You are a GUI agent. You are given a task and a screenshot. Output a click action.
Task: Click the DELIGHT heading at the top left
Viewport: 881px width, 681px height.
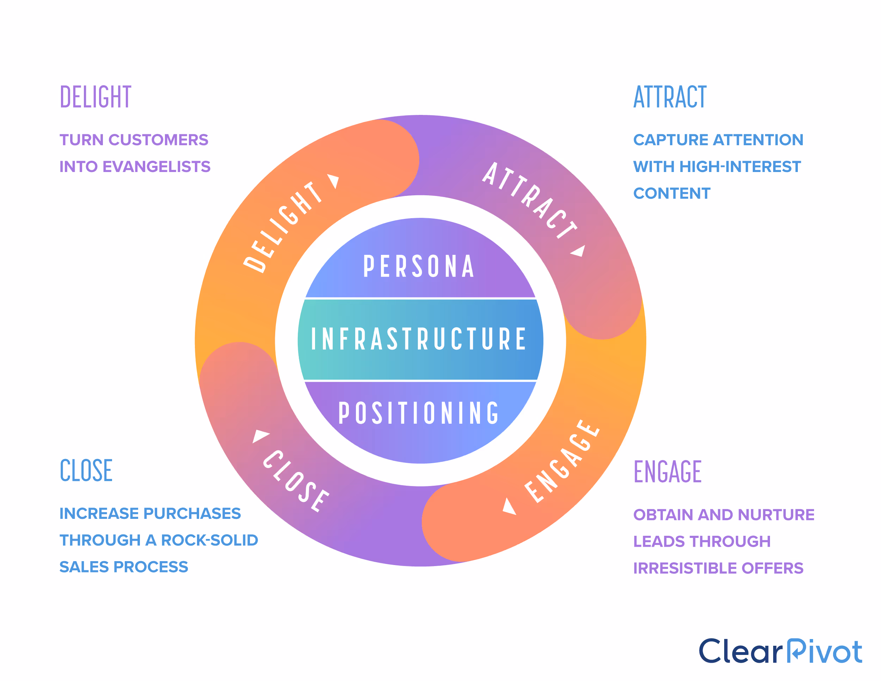95,97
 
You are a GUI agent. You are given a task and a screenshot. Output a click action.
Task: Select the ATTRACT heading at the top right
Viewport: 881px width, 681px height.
670,97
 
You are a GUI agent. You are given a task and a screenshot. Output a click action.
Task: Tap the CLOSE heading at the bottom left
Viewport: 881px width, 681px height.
86,471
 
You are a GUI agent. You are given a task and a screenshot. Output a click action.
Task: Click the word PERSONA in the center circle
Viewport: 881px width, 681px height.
419,266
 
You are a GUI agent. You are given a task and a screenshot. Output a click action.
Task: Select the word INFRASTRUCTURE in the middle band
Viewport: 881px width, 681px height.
419,339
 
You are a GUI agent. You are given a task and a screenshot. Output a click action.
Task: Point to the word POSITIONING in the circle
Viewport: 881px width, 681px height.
419,413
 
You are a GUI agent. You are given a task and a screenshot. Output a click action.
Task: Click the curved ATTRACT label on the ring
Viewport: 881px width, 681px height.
530,200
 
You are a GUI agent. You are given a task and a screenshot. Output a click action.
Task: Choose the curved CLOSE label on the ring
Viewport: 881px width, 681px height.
296,481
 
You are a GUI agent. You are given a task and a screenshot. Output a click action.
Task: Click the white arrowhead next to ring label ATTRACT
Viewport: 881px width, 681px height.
579,251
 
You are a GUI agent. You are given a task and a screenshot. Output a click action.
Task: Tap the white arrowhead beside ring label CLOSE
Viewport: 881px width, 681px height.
260,436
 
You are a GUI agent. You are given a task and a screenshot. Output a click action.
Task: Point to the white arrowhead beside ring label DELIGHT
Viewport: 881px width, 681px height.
334,181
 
